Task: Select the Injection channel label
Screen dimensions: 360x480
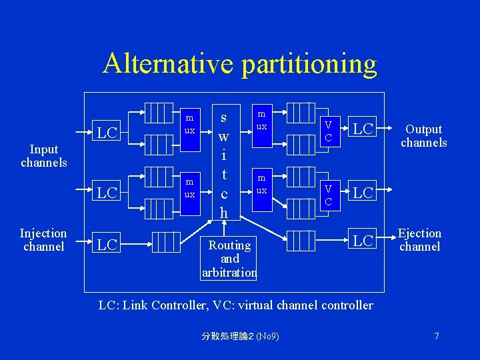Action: click(43, 240)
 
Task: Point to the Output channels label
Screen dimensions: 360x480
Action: click(423, 136)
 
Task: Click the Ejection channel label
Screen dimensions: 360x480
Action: click(419, 240)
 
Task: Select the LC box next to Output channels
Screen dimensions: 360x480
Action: click(363, 128)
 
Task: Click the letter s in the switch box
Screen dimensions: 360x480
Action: click(224, 118)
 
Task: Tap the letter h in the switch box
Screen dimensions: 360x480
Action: click(224, 213)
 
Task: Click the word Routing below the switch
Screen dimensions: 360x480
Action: click(229, 245)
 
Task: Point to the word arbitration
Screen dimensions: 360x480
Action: click(229, 272)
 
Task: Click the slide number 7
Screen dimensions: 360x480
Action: click(437, 336)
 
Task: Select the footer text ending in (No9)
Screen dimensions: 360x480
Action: click(240, 336)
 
